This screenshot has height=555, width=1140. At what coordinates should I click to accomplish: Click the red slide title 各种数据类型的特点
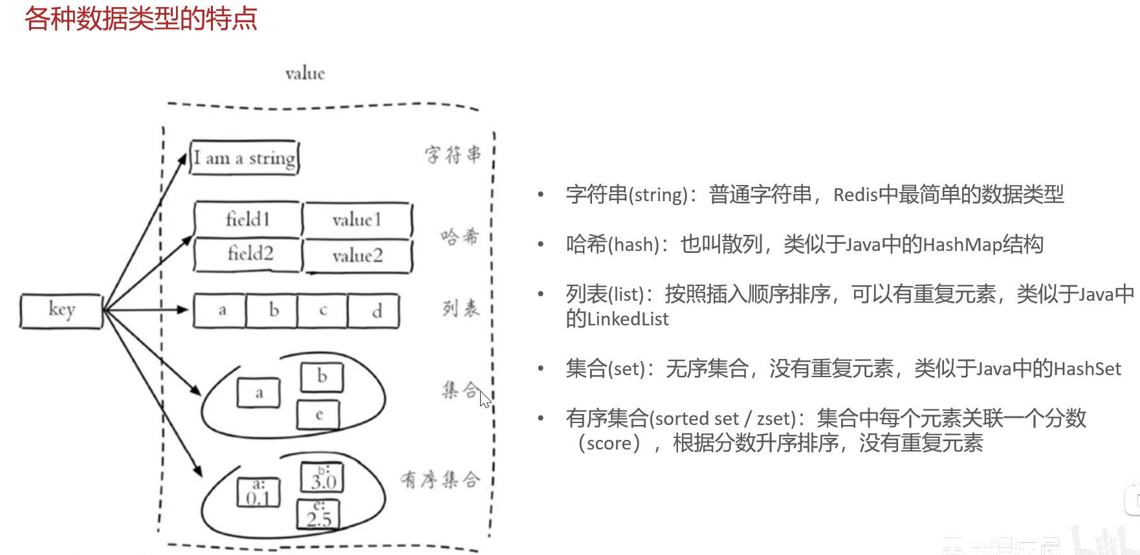(141, 19)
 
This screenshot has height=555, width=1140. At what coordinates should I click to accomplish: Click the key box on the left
(61, 311)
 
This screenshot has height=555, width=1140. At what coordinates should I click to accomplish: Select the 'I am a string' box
(245, 158)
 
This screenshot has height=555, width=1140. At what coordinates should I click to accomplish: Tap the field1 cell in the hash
(248, 219)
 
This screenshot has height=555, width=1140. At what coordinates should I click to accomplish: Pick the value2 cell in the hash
(358, 256)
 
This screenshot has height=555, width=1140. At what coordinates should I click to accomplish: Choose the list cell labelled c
(323, 311)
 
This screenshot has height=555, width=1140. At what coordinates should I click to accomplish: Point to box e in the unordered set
(318, 415)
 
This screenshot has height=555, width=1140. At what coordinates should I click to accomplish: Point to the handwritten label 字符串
(453, 155)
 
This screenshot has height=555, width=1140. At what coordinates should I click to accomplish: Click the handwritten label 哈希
(460, 237)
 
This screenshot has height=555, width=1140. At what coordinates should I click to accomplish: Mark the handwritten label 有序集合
(440, 479)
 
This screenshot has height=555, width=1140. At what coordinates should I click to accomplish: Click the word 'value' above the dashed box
(305, 74)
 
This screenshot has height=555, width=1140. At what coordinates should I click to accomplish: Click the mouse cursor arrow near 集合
(485, 399)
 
